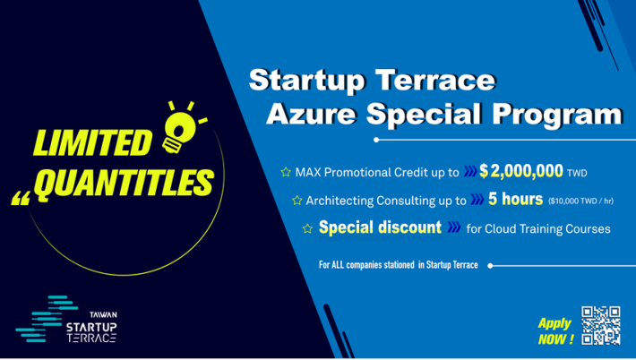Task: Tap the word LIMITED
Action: (x=92, y=142)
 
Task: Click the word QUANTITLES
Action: (x=125, y=184)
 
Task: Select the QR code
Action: (x=600, y=325)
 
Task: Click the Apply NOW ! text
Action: (x=555, y=330)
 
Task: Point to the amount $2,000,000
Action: (x=520, y=171)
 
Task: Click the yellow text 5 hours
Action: (x=515, y=199)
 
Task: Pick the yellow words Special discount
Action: (x=380, y=227)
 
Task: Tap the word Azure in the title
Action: (x=312, y=114)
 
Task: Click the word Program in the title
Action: (x=557, y=116)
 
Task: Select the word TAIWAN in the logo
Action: (x=103, y=314)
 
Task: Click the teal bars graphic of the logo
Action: (x=47, y=319)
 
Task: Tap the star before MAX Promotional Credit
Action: (x=286, y=172)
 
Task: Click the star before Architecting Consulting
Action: (x=297, y=200)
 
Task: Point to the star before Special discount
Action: (x=307, y=228)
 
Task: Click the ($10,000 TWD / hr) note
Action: (x=580, y=201)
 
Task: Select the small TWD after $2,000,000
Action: (x=577, y=173)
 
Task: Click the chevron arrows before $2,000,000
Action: (x=470, y=171)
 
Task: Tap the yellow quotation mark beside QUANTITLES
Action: (x=21, y=198)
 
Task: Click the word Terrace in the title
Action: (x=435, y=80)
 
